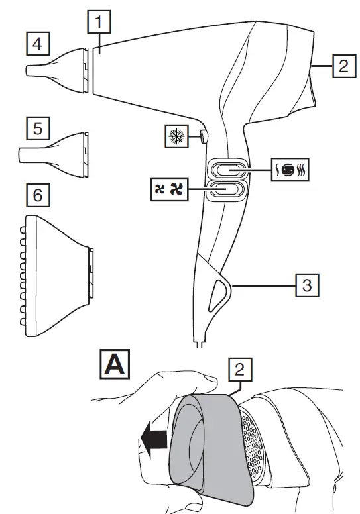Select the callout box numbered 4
[x=37, y=44]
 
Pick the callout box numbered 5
[x=37, y=128]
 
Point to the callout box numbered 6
[x=37, y=195]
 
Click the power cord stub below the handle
[x=199, y=342]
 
